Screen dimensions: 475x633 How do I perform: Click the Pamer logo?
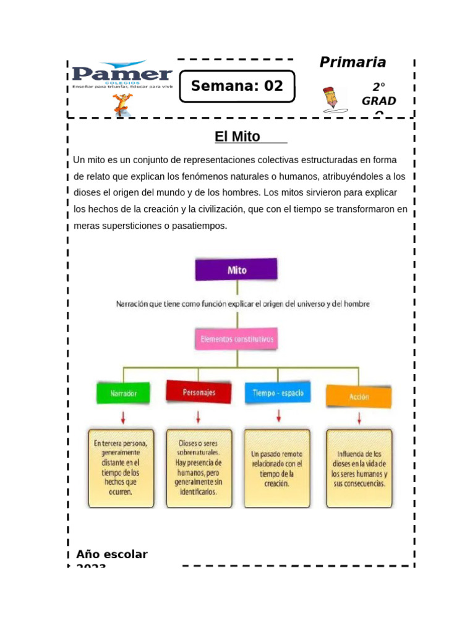122,75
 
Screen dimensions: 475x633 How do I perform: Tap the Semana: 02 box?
237,86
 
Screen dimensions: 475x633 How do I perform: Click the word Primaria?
353,62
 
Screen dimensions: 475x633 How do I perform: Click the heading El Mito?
237,137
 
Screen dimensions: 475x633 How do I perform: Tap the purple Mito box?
237,270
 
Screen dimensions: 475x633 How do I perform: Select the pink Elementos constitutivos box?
237,339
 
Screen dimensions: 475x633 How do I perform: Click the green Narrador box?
122,393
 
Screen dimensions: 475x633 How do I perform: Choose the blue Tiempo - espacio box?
278,393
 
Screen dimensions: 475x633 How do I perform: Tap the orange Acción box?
359,397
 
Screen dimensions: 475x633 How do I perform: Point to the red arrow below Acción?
359,418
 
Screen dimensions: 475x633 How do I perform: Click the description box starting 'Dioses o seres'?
199,468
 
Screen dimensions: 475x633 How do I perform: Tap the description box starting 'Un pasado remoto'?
277,468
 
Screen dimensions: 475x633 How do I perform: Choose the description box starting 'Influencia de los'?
359,468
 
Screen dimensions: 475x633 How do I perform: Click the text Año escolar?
112,554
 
